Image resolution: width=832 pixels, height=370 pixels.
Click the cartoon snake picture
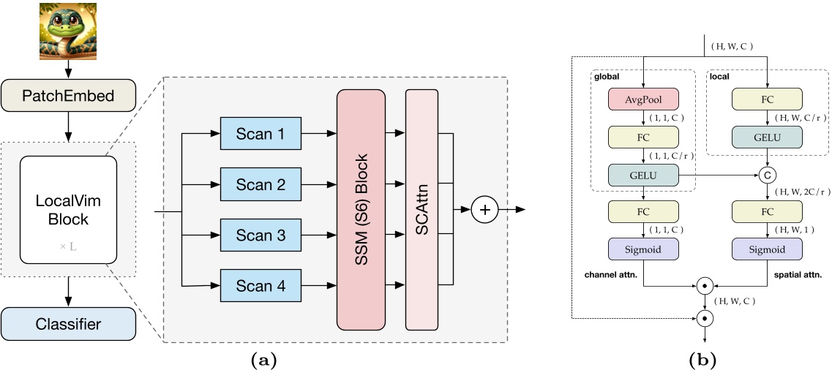coord(67,31)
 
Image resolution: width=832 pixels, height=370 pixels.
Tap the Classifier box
coord(67,323)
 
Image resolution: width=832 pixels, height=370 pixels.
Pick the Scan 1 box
coord(261,135)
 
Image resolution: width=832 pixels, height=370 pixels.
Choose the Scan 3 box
coord(261,236)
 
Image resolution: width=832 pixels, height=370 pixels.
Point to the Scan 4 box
coord(261,287)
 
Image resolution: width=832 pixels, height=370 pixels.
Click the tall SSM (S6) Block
coord(361,209)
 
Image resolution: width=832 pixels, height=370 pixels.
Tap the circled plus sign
coord(484,210)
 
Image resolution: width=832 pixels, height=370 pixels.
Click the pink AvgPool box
coord(643,99)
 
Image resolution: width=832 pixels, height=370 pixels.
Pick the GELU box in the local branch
coord(768,137)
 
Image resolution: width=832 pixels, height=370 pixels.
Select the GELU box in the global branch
coord(643,175)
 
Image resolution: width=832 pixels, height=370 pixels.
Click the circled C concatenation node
coord(768,175)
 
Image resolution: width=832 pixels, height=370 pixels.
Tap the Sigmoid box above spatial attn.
coord(768,249)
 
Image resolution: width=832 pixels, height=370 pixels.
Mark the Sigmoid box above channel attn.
coord(643,249)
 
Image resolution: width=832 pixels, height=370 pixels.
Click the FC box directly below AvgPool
coord(643,137)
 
